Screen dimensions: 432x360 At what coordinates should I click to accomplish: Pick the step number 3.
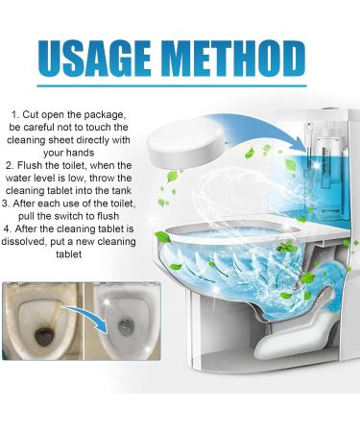coord(12,203)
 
